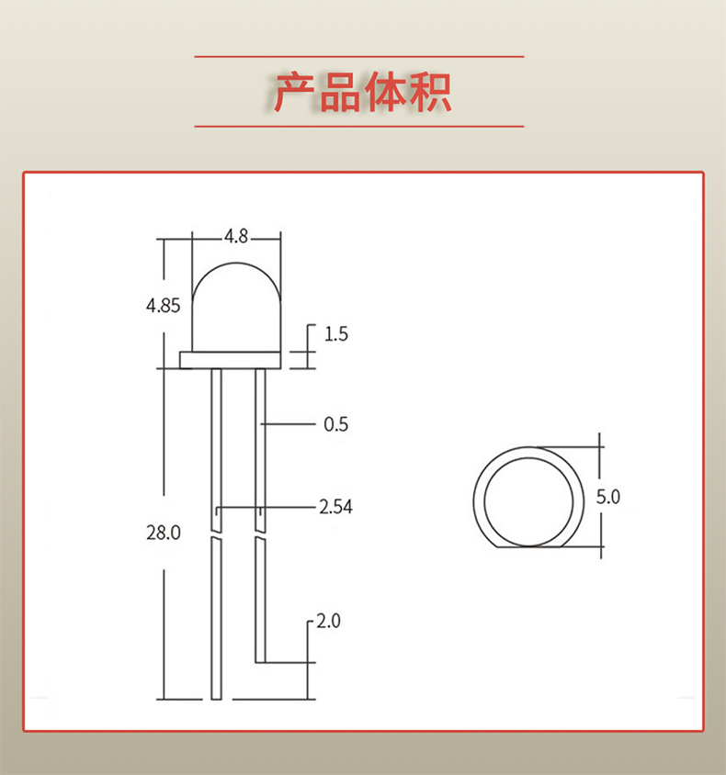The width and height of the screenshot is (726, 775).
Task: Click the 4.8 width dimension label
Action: click(236, 236)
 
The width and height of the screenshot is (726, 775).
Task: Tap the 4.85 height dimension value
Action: click(164, 306)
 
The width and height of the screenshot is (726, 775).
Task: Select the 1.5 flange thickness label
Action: click(336, 334)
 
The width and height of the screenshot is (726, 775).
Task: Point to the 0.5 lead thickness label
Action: click(336, 424)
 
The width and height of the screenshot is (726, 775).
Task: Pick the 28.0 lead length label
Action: click(164, 532)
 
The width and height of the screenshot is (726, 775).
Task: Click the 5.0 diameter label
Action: click(608, 498)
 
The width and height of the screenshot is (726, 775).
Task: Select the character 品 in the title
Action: click(339, 92)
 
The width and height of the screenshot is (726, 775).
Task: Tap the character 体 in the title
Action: click(384, 92)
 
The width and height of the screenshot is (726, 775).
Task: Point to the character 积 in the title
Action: click(429, 92)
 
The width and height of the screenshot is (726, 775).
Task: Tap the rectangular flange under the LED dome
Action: click(229, 360)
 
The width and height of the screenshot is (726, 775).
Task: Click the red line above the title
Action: click(358, 57)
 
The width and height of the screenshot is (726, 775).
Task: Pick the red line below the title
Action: click(358, 126)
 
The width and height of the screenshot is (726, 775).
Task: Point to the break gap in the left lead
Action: click(216, 535)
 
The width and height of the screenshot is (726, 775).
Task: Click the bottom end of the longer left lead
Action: click(216, 695)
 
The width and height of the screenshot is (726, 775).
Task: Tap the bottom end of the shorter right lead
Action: click(260, 658)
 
